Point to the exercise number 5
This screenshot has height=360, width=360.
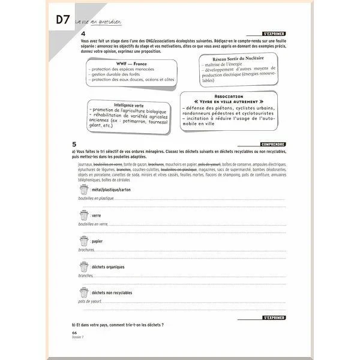coord(74,145)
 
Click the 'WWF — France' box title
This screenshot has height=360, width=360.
coord(132,64)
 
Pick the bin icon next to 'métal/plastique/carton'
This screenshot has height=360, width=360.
coord(84,190)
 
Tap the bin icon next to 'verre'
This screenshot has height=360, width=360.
coord(84,215)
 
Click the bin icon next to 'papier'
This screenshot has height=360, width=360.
coord(84,241)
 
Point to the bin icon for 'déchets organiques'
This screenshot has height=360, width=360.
coord(84,266)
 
